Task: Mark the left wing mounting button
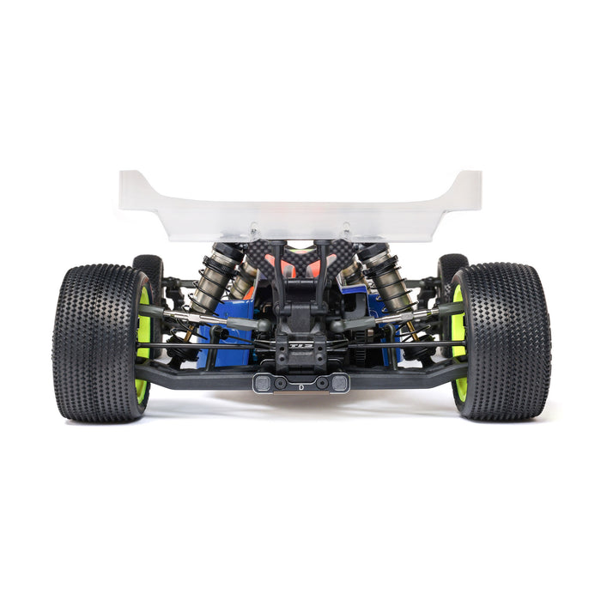pos(253,229)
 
